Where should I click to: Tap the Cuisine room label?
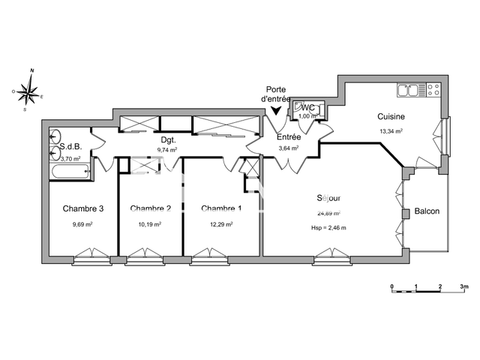tap(391, 116)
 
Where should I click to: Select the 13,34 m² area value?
tap(391, 130)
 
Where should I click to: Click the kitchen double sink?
tap(409, 91)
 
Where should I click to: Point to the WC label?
tap(308, 108)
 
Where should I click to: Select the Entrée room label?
tap(289, 137)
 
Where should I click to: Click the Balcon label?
tap(426, 211)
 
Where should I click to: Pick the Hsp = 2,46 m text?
tap(328, 227)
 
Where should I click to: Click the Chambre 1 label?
tap(221, 208)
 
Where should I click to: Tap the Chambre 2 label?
tap(151, 208)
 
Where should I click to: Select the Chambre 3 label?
tap(82, 208)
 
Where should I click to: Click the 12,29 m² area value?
tap(221, 223)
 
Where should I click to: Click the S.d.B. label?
tap(70, 147)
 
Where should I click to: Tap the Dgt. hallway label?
tap(168, 139)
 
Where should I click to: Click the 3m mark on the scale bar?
tap(464, 287)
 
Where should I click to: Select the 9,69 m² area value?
tap(82, 223)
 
